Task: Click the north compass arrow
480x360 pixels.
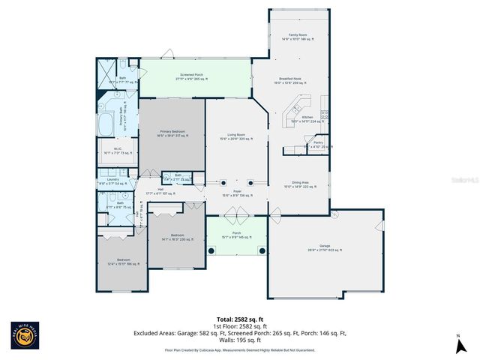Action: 457,345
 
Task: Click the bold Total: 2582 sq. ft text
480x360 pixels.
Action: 239,319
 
